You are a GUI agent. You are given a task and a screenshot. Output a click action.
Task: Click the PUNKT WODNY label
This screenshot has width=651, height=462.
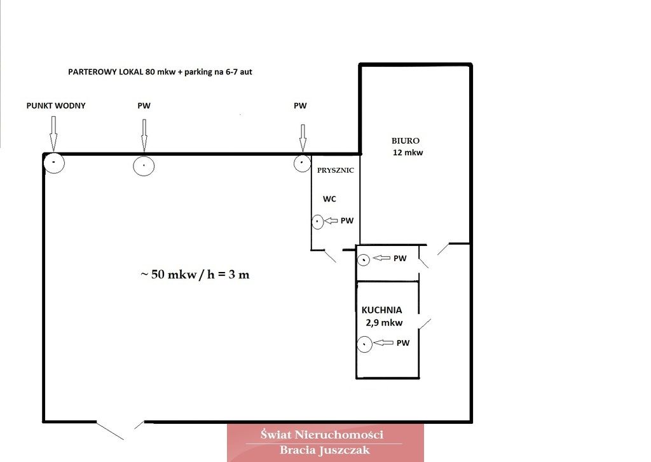(x=56, y=106)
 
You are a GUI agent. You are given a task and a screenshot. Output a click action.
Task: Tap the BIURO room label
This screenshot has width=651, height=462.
(x=405, y=140)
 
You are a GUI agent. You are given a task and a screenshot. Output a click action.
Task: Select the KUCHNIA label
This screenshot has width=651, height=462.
(x=381, y=310)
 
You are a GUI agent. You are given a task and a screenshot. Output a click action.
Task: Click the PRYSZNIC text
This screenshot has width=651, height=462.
(x=336, y=170)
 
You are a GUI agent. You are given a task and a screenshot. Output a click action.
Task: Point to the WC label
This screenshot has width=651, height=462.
(x=329, y=199)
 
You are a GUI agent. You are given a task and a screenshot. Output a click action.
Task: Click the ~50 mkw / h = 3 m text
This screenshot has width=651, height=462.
(x=195, y=275)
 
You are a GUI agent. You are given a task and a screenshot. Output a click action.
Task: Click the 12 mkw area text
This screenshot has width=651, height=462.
(x=408, y=153)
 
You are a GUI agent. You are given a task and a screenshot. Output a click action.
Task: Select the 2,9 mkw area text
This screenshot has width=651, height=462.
(x=384, y=323)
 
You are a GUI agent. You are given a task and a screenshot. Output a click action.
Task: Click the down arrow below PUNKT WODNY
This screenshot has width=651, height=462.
(x=53, y=133)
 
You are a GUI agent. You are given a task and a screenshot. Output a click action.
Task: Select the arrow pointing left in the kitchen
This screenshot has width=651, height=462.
(x=383, y=343)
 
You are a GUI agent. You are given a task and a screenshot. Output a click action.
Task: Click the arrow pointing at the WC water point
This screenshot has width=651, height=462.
(x=331, y=221)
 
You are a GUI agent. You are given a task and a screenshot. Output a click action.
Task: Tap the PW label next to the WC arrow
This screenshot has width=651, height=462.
(x=347, y=221)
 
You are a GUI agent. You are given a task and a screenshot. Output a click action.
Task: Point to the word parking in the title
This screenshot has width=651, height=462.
(x=199, y=72)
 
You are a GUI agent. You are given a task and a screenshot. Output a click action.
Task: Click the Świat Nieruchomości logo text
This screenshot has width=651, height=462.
(x=322, y=435)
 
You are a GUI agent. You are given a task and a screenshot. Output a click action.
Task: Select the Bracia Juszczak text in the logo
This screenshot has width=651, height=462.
(x=324, y=450)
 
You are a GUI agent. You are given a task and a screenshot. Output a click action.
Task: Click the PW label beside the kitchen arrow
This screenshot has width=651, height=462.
(x=403, y=343)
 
